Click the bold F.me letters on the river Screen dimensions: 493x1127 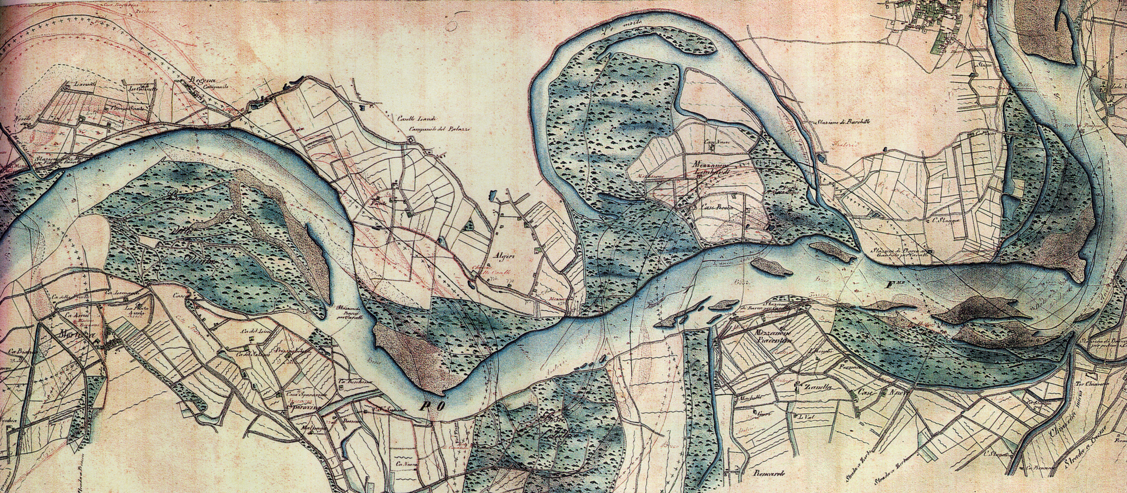coord(895,286)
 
